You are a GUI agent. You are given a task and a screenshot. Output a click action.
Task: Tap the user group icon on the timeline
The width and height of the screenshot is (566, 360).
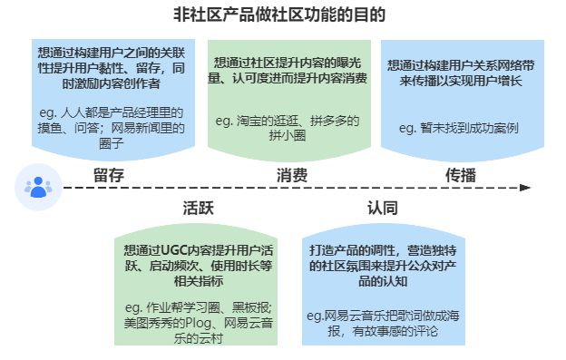[x=37, y=188]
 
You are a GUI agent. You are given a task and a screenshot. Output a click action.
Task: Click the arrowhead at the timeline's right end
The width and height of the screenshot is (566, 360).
[x=525, y=188]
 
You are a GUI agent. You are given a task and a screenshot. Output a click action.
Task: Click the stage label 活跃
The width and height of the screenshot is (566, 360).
[x=198, y=208]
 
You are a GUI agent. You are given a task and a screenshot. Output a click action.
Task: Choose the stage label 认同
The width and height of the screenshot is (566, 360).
[x=382, y=208]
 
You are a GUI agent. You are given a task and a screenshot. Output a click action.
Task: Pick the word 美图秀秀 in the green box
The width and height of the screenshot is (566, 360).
[x=150, y=322]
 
